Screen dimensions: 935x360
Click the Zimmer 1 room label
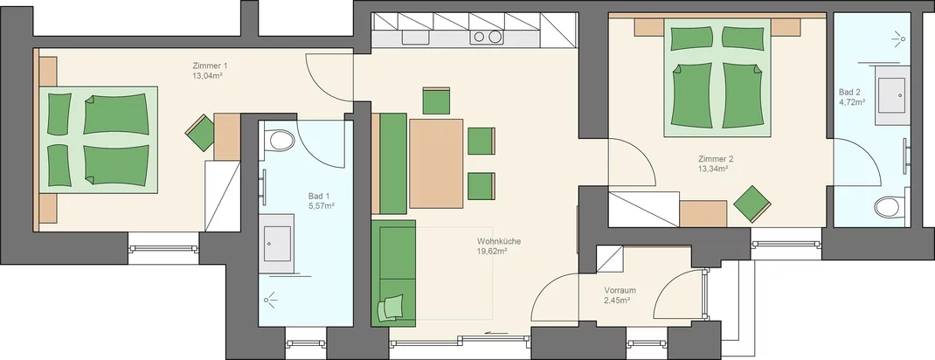pos(210,66)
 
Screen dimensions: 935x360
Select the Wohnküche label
pos(499,241)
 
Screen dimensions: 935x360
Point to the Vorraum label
pos(620,290)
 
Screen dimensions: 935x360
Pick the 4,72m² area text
pos(852,102)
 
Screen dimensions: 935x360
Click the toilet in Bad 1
pos(280,142)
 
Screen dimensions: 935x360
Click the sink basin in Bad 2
pos(893,95)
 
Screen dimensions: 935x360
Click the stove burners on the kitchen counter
pos(486,37)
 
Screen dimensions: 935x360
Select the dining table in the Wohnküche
pos(437,163)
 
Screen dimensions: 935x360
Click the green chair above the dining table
pos(436,100)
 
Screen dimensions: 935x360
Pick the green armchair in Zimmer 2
pos(752,204)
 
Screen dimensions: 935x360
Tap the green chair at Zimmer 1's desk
pos(200,132)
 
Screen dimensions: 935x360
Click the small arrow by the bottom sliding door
pos(493,333)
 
